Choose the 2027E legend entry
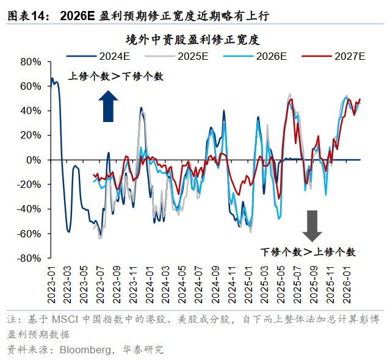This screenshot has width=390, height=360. click(x=348, y=57)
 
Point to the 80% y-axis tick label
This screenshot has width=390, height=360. click(x=30, y=62)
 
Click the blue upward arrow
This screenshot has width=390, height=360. click(x=108, y=106)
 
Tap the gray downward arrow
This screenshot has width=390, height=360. click(x=312, y=225)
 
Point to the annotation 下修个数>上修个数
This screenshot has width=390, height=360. click(x=308, y=251)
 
